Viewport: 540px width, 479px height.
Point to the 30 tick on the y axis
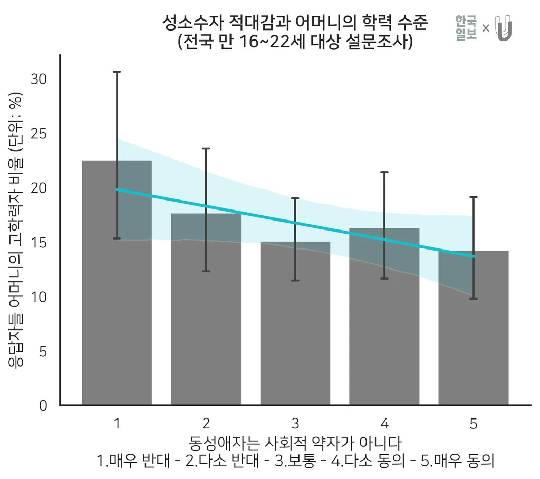(x=40, y=79)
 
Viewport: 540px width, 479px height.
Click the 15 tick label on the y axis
(x=40, y=243)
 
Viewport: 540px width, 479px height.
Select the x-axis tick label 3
(x=295, y=424)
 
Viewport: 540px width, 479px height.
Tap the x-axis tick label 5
(x=473, y=424)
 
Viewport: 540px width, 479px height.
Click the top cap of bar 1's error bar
(x=117, y=72)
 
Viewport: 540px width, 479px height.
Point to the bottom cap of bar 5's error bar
(x=473, y=298)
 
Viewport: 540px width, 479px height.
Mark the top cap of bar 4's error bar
(x=384, y=172)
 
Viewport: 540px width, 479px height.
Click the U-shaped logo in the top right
(x=504, y=28)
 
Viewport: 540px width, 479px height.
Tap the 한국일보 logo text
(x=466, y=28)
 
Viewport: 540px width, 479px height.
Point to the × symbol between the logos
(x=486, y=28)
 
